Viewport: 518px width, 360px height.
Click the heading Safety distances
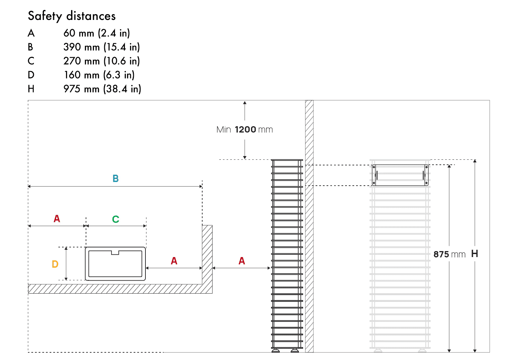tap(72, 16)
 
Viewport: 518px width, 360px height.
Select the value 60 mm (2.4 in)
tap(97, 33)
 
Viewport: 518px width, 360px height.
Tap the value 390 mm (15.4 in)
tap(102, 47)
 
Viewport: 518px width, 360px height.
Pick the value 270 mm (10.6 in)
tap(102, 61)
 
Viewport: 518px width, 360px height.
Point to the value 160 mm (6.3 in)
tap(99, 75)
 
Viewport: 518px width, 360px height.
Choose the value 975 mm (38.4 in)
tap(102, 89)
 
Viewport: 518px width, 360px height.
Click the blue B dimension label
tap(116, 179)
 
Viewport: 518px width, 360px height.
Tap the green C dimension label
tap(116, 219)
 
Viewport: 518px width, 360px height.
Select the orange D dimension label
tap(55, 264)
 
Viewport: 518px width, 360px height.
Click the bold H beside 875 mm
tap(475, 254)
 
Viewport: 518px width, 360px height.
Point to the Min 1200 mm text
tap(244, 130)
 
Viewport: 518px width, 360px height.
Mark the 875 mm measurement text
tap(449, 254)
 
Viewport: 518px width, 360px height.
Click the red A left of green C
tap(57, 219)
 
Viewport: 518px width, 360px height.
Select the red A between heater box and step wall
tap(174, 261)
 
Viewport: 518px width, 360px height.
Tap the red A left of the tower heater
tap(242, 261)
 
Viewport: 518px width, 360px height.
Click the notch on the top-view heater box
tap(115, 253)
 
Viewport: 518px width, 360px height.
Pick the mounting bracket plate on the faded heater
tap(400, 175)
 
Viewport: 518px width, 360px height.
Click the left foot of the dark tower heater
tap(275, 350)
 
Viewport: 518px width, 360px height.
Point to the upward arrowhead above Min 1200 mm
tap(245, 103)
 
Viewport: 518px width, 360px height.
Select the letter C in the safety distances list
tap(31, 61)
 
